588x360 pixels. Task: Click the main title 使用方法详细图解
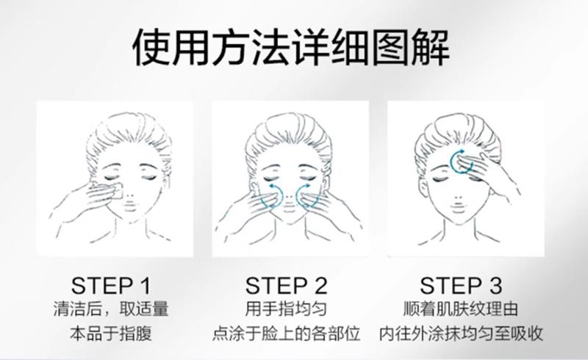(291, 48)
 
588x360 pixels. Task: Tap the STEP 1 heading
(111, 286)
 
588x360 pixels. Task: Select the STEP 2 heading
(286, 286)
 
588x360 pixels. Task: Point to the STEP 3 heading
(461, 286)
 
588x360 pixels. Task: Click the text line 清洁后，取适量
(111, 309)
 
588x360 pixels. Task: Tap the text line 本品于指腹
(111, 334)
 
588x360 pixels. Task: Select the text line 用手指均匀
(286, 309)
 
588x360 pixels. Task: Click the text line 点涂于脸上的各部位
(286, 334)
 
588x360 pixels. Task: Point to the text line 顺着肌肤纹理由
(461, 309)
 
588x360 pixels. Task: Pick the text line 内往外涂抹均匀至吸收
(461, 334)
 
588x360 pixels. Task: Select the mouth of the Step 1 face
(129, 207)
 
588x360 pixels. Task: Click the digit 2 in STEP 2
(320, 286)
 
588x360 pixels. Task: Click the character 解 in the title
(431, 48)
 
